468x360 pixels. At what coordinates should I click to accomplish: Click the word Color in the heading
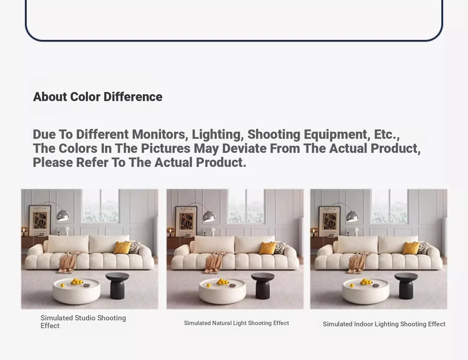85,97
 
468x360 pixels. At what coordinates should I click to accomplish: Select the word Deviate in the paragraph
244,148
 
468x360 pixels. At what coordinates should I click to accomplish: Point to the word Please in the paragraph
53,162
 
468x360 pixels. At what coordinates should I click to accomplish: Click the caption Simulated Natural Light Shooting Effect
236,323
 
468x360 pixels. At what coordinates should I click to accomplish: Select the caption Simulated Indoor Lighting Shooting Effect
384,324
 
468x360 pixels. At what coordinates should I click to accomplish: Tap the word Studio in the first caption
85,318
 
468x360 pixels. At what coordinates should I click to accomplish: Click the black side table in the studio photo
117,286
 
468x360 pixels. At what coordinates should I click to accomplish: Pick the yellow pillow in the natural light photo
268,248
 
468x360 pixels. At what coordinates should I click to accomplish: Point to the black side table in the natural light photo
263,286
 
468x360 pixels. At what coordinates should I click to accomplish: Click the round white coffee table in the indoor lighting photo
366,291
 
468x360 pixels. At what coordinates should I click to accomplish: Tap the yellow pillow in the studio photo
122,248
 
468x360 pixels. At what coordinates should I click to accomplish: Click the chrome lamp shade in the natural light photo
209,216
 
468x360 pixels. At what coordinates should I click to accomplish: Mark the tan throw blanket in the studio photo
69,262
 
